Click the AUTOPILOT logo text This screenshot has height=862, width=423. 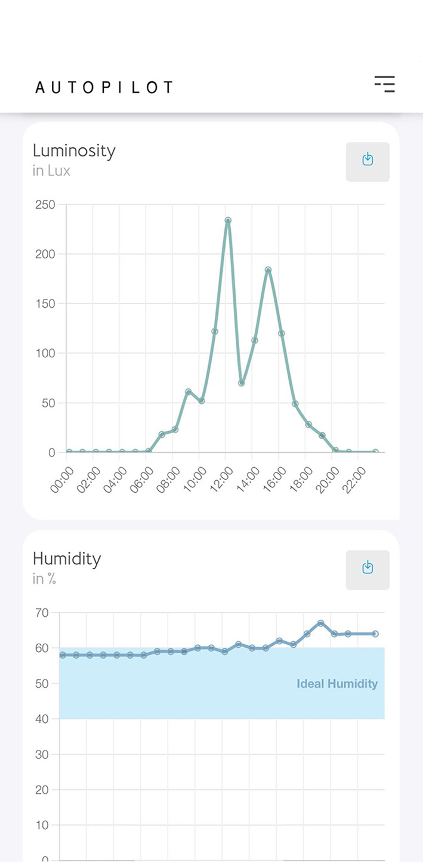104,87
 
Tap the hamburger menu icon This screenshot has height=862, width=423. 385,84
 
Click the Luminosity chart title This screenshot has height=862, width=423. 74,150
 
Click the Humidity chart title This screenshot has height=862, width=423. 67,559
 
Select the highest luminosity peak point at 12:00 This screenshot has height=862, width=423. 228,220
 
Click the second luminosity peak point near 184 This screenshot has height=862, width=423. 268,270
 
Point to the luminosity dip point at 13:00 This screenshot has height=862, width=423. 241,383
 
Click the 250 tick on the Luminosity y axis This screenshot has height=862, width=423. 45,205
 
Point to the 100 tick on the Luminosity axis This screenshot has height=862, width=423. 45,353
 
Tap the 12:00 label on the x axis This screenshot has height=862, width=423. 223,480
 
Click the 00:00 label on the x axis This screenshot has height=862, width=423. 62,480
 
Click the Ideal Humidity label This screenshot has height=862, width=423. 337,684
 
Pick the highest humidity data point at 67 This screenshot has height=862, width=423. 320,623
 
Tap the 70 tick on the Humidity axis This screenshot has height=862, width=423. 42,613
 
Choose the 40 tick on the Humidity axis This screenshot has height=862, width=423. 42,719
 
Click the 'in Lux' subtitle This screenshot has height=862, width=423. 51,171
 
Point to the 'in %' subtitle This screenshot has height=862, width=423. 44,579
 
